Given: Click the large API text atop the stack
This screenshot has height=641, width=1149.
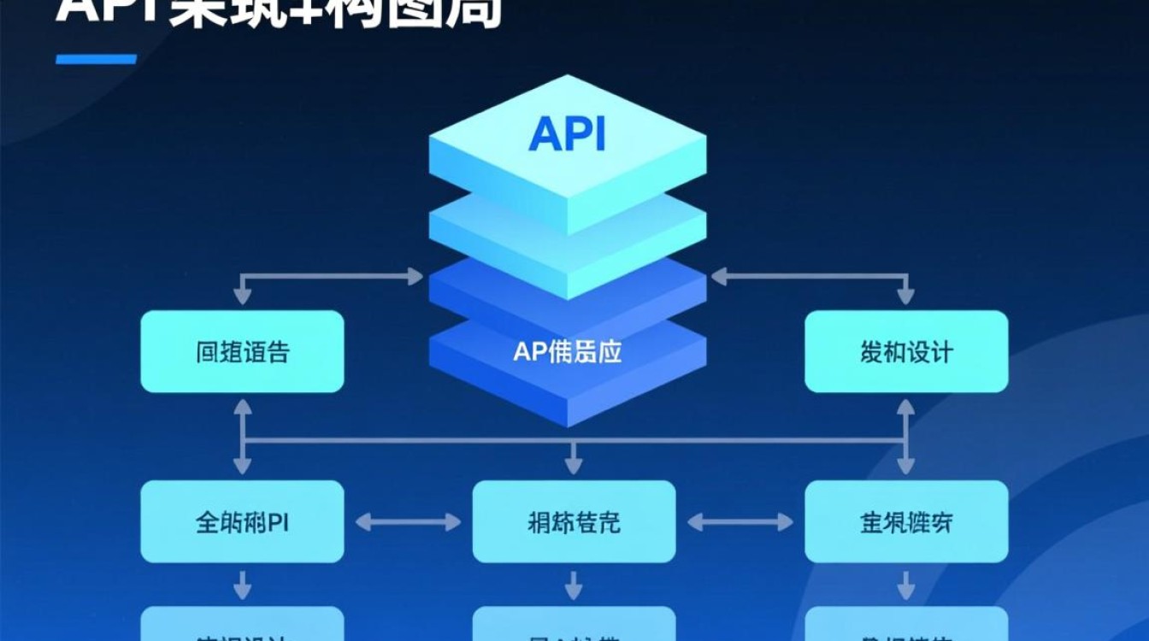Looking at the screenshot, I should coord(567,134).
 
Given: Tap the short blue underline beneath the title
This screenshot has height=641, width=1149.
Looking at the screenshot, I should coord(96,59).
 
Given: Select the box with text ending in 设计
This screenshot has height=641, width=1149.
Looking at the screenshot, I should coord(906,351).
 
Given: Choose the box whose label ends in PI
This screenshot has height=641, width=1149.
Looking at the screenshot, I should coord(242,521).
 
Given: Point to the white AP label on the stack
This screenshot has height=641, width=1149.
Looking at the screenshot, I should coord(567,351).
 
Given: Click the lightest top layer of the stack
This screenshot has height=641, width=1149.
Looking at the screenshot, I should coord(567,154).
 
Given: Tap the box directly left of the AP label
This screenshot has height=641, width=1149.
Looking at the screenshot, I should coord(242,351).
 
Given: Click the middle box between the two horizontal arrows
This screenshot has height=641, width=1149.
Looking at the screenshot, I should coord(574,521).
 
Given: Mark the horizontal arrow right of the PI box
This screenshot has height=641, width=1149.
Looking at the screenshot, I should coord(408,521).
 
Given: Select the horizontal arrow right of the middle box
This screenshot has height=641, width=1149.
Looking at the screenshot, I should coord(740,521).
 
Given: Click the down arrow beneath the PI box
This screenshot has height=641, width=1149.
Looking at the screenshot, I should coord(242,585).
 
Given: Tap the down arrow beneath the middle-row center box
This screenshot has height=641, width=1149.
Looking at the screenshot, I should coord(574,585).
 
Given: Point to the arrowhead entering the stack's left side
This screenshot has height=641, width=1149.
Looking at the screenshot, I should coord(416,276).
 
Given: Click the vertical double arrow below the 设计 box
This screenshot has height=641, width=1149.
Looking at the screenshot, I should coord(906,436).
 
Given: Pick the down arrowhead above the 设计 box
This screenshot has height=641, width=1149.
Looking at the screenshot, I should coord(906,297).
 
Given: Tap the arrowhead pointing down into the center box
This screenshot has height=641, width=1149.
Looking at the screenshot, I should coord(574,466).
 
